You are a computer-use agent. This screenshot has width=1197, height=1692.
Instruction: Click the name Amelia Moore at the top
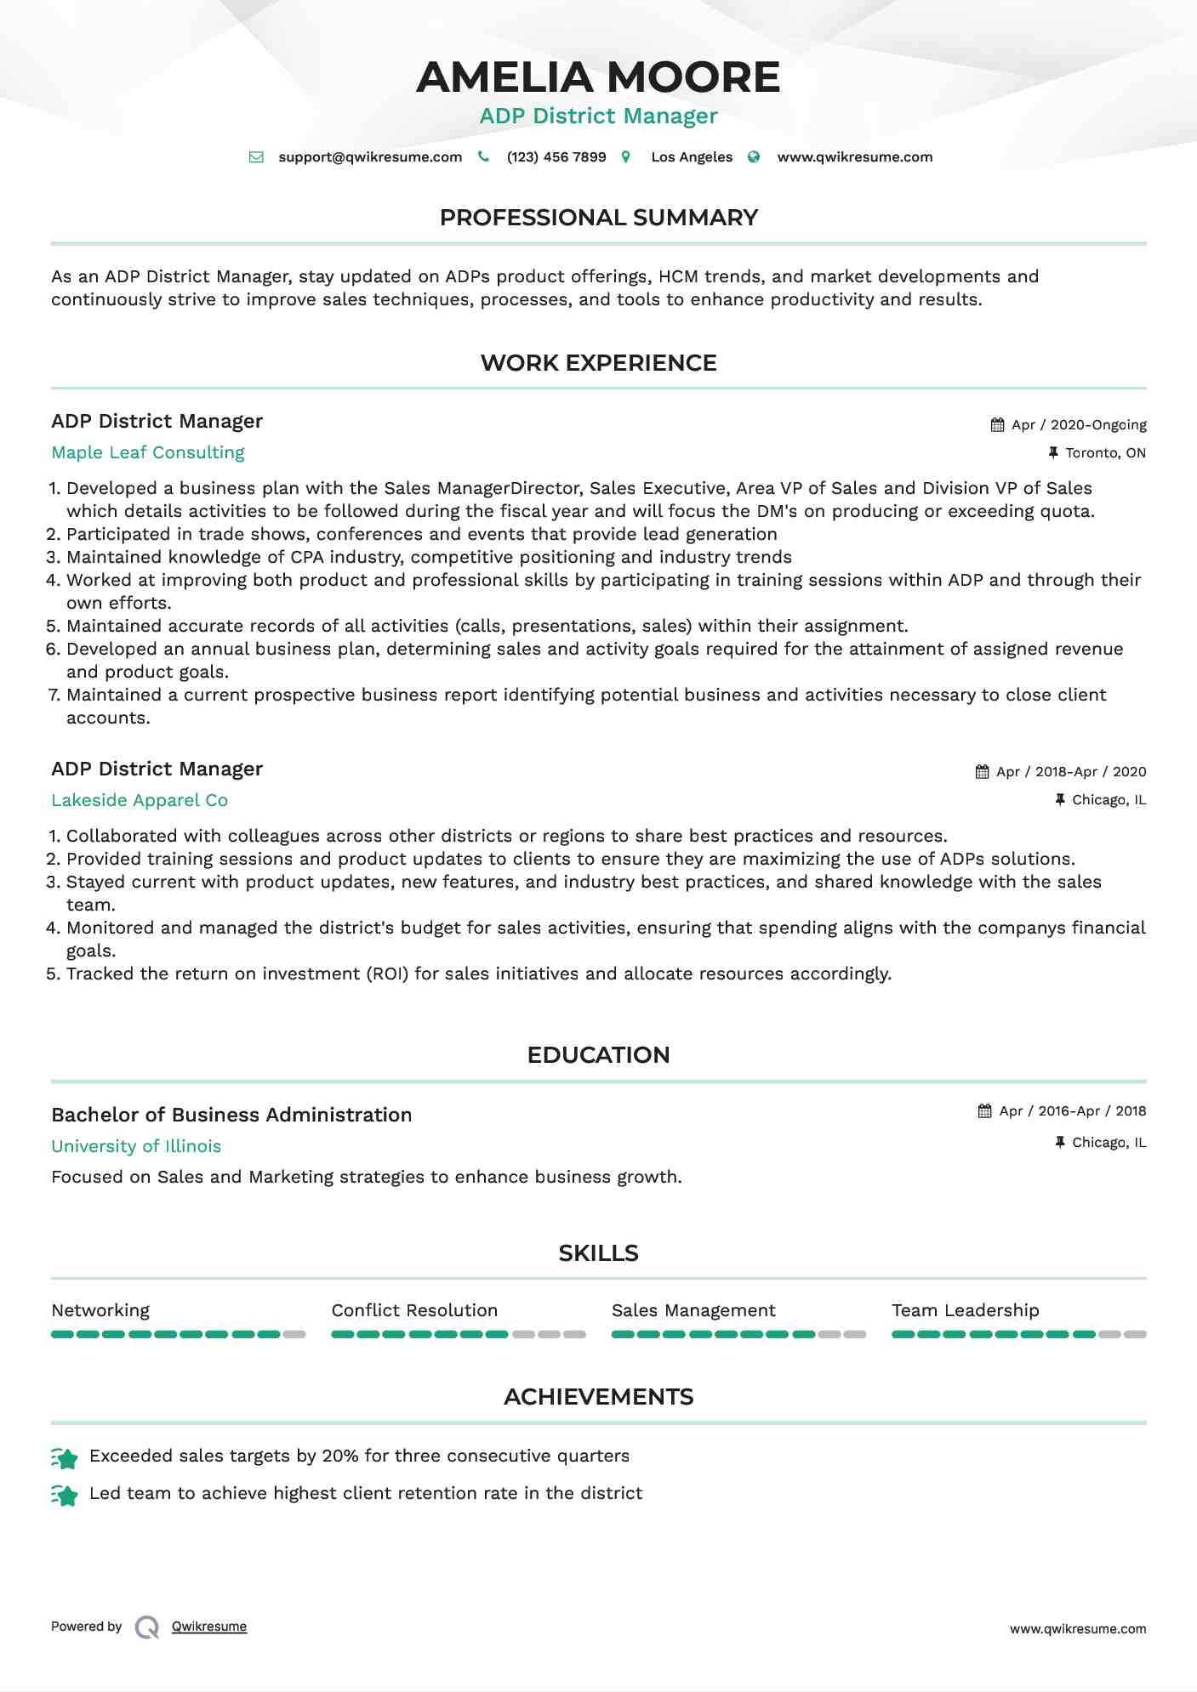[598, 77]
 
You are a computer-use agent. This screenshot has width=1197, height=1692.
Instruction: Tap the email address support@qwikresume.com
[370, 157]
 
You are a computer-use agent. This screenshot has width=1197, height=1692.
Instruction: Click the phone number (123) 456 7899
[556, 157]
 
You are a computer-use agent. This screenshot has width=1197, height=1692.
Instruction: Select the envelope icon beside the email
[256, 157]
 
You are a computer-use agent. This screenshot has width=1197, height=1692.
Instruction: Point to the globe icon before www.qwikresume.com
[754, 157]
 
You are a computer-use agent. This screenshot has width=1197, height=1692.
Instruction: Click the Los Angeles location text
[691, 157]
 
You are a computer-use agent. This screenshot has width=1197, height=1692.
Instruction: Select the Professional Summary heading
[598, 218]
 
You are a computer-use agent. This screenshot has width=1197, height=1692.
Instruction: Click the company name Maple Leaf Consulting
[148, 453]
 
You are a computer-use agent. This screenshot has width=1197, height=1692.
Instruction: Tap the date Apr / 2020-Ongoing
[1079, 425]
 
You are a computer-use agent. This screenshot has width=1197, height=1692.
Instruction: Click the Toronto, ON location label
[1105, 453]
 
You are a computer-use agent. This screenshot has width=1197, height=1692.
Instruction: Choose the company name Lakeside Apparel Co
[140, 801]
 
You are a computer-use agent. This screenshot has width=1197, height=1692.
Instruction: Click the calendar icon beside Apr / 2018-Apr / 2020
[982, 772]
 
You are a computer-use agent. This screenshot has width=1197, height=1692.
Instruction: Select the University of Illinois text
[136, 1147]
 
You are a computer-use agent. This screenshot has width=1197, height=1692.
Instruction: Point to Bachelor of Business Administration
[231, 1116]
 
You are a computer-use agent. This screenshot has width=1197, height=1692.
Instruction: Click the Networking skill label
[100, 1311]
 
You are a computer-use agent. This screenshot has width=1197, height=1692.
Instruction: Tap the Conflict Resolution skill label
[414, 1311]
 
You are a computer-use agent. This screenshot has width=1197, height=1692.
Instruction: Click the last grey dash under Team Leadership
[1135, 1335]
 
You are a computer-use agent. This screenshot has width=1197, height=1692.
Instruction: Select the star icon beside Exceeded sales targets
[65, 1458]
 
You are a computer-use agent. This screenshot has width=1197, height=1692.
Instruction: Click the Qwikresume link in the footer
[209, 1627]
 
